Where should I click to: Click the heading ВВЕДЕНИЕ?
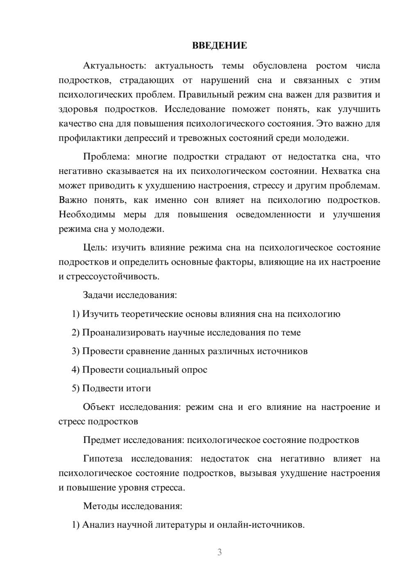point(219,46)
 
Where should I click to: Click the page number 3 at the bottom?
point(219,552)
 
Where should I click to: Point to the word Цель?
point(95,248)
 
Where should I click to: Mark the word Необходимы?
point(87,215)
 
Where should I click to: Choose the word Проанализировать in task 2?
point(123,333)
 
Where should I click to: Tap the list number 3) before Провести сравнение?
point(75,351)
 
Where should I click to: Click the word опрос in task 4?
point(194,370)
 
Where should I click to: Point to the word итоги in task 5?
point(137,388)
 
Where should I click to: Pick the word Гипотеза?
point(103,459)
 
